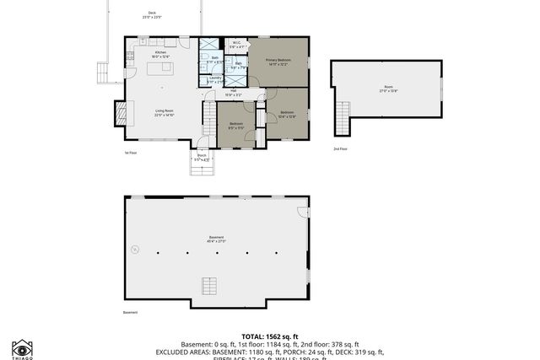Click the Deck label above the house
coord(152,13)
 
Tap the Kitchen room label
coord(160,53)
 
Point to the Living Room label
coord(164,112)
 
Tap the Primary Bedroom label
coord(279,62)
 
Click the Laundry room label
coord(214,80)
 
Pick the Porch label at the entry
coord(202,157)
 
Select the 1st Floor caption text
coord(131,152)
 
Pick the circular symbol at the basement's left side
coord(133,249)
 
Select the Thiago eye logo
coord(22,347)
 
